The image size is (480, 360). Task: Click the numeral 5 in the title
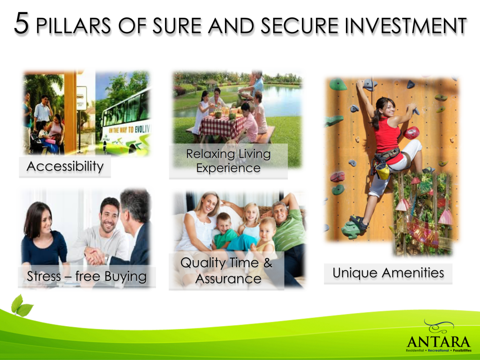22,23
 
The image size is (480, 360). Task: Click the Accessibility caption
65,166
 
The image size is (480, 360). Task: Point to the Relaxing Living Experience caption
228,161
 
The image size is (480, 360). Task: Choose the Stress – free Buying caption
87,276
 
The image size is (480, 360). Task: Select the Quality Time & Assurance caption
227,270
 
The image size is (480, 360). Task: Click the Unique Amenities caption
388,273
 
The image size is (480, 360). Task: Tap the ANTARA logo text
438,342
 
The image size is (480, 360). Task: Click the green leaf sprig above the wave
22,306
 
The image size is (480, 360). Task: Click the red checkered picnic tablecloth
221,126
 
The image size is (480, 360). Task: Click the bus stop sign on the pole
82,98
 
